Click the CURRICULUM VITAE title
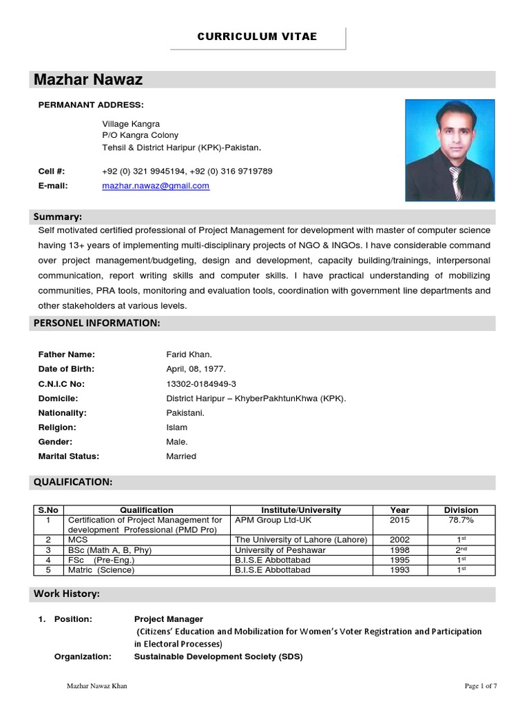258,37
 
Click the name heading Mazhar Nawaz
88,80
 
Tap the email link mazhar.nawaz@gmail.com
156,186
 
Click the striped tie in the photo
456,183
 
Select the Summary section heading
58,217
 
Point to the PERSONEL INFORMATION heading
97,323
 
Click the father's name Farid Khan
189,354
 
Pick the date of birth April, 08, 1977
196,369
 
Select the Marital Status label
69,456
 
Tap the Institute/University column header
301,510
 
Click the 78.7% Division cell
461,520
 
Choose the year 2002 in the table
400,540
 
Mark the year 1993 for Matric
400,570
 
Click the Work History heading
67,594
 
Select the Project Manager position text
169,619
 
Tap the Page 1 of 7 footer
481,686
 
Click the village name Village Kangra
131,124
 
